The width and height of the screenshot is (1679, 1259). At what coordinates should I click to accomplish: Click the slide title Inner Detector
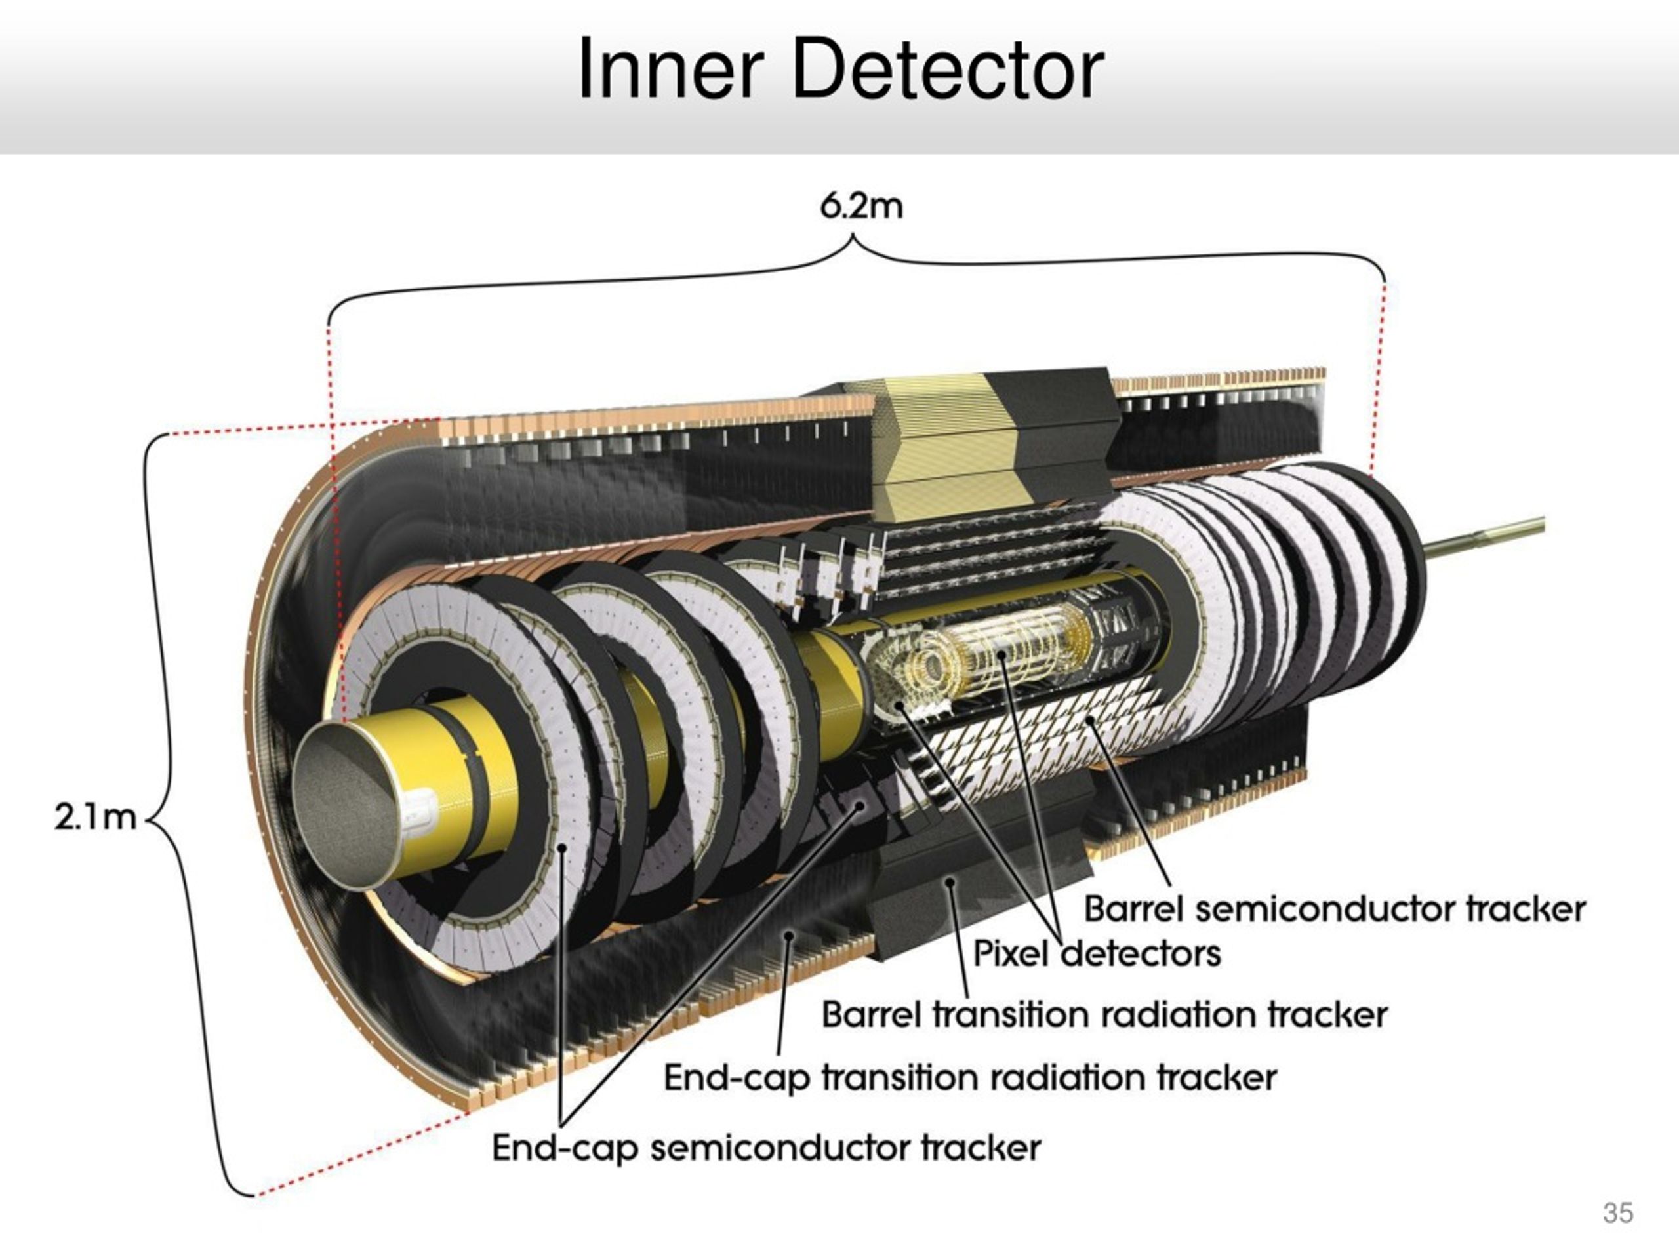coord(840,69)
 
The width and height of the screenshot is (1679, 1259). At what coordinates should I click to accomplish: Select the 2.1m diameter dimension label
coord(96,817)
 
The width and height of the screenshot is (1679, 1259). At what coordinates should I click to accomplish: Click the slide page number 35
coord(1617,1212)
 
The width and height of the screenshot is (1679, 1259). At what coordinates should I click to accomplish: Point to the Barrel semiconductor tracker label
coord(1335,909)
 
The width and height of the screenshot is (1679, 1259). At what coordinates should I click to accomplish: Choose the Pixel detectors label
coord(1097,953)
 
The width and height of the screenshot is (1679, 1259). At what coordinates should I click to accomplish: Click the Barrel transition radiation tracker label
coord(1104,1015)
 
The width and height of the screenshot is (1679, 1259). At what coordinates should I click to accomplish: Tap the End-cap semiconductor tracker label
coord(767,1148)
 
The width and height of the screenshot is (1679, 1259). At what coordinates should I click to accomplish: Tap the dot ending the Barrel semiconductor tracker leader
coord(1090,720)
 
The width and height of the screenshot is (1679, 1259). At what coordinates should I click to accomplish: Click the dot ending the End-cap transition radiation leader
coord(788,936)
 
